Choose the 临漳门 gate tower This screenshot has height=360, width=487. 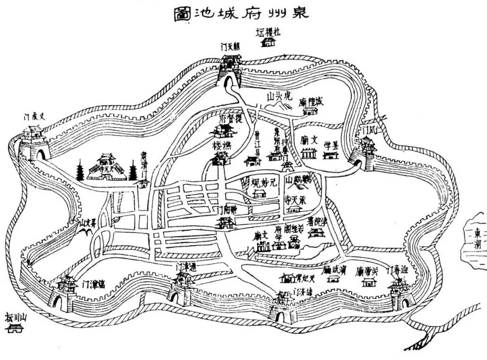[63, 292]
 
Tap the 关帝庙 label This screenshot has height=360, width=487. [367, 272]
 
